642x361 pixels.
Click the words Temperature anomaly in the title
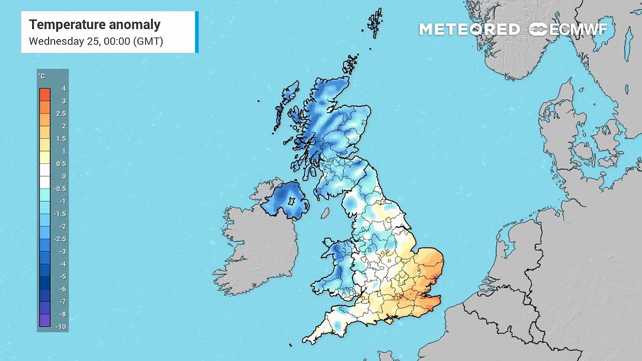[x=94, y=25]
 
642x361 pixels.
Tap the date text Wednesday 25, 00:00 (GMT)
[x=96, y=41]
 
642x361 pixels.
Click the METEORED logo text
[x=469, y=30]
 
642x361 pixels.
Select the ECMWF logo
[x=568, y=30]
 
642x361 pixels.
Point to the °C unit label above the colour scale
[x=42, y=76]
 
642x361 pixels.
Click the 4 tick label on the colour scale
[x=64, y=89]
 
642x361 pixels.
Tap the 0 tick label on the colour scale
[x=64, y=176]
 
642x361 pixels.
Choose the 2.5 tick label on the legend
[x=61, y=114]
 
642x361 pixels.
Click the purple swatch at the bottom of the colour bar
[x=45, y=320]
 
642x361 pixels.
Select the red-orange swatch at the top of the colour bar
[x=45, y=94]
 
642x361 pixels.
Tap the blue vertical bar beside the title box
[x=197, y=32]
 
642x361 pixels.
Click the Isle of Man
[x=325, y=214]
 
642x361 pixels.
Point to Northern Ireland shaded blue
[x=284, y=199]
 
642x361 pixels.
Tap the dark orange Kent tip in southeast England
[x=432, y=302]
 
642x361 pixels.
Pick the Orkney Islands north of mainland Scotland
[x=351, y=65]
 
